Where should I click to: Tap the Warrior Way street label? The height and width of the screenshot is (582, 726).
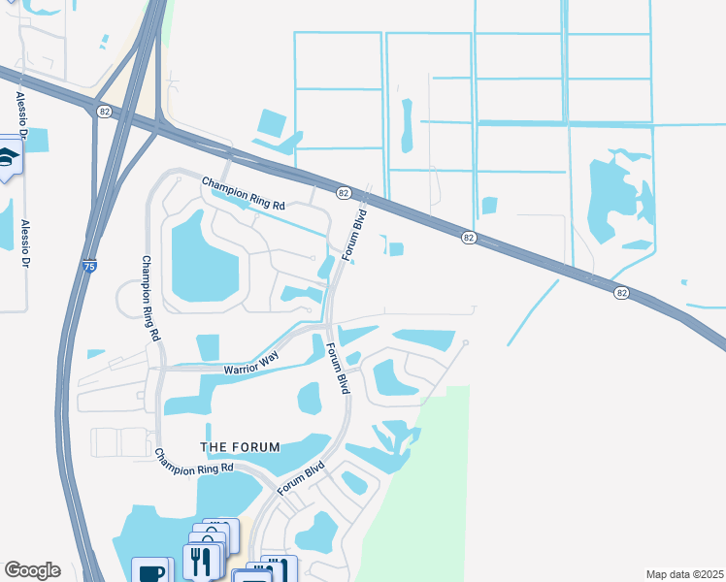tap(251, 364)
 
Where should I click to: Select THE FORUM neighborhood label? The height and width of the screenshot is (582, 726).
tap(240, 447)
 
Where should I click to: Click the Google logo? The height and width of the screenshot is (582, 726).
tap(32, 570)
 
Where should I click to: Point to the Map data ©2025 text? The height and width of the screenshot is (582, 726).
tap(685, 574)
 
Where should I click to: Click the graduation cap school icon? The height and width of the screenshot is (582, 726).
tap(8, 158)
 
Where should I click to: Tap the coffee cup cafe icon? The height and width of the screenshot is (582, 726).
tap(151, 571)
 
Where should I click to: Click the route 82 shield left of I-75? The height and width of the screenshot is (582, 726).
tap(104, 113)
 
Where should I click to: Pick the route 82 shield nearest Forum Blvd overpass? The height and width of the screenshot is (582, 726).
tap(344, 194)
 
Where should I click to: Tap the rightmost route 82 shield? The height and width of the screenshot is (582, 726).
tap(622, 292)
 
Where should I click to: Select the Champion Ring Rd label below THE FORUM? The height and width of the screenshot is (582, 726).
tap(195, 461)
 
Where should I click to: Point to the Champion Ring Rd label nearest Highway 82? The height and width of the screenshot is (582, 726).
tap(244, 192)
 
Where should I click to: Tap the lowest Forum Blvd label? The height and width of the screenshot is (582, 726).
tap(300, 478)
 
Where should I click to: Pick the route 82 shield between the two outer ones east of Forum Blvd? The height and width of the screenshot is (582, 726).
tap(469, 238)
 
